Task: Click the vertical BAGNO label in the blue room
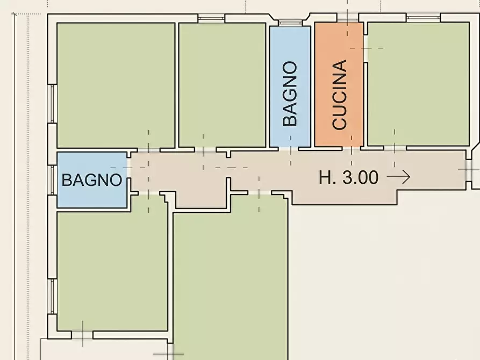(x=290, y=93)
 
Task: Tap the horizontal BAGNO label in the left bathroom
(x=92, y=180)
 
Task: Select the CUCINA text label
(x=340, y=95)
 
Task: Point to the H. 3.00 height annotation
(x=348, y=177)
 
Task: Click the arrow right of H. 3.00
(x=398, y=177)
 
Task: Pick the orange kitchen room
(x=339, y=84)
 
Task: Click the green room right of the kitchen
(x=418, y=84)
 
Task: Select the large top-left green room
(x=116, y=85)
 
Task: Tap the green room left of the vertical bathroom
(x=222, y=85)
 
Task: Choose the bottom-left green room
(x=112, y=271)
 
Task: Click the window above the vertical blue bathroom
(x=290, y=23)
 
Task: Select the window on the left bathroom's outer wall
(x=52, y=180)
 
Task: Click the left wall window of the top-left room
(x=52, y=104)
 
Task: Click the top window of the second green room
(x=212, y=18)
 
